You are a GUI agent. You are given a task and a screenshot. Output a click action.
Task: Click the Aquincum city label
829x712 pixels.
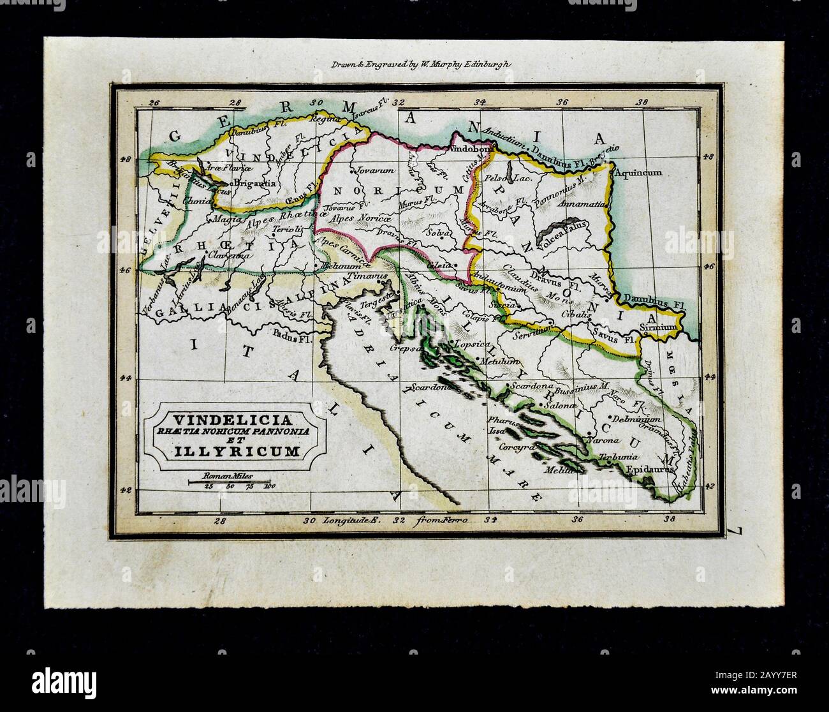coord(640,172)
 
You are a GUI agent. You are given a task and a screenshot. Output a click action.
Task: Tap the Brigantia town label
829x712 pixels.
coord(254,183)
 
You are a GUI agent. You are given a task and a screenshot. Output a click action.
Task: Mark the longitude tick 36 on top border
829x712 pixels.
coord(562,101)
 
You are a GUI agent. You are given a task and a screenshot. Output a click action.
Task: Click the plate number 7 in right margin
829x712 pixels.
coord(738,529)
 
